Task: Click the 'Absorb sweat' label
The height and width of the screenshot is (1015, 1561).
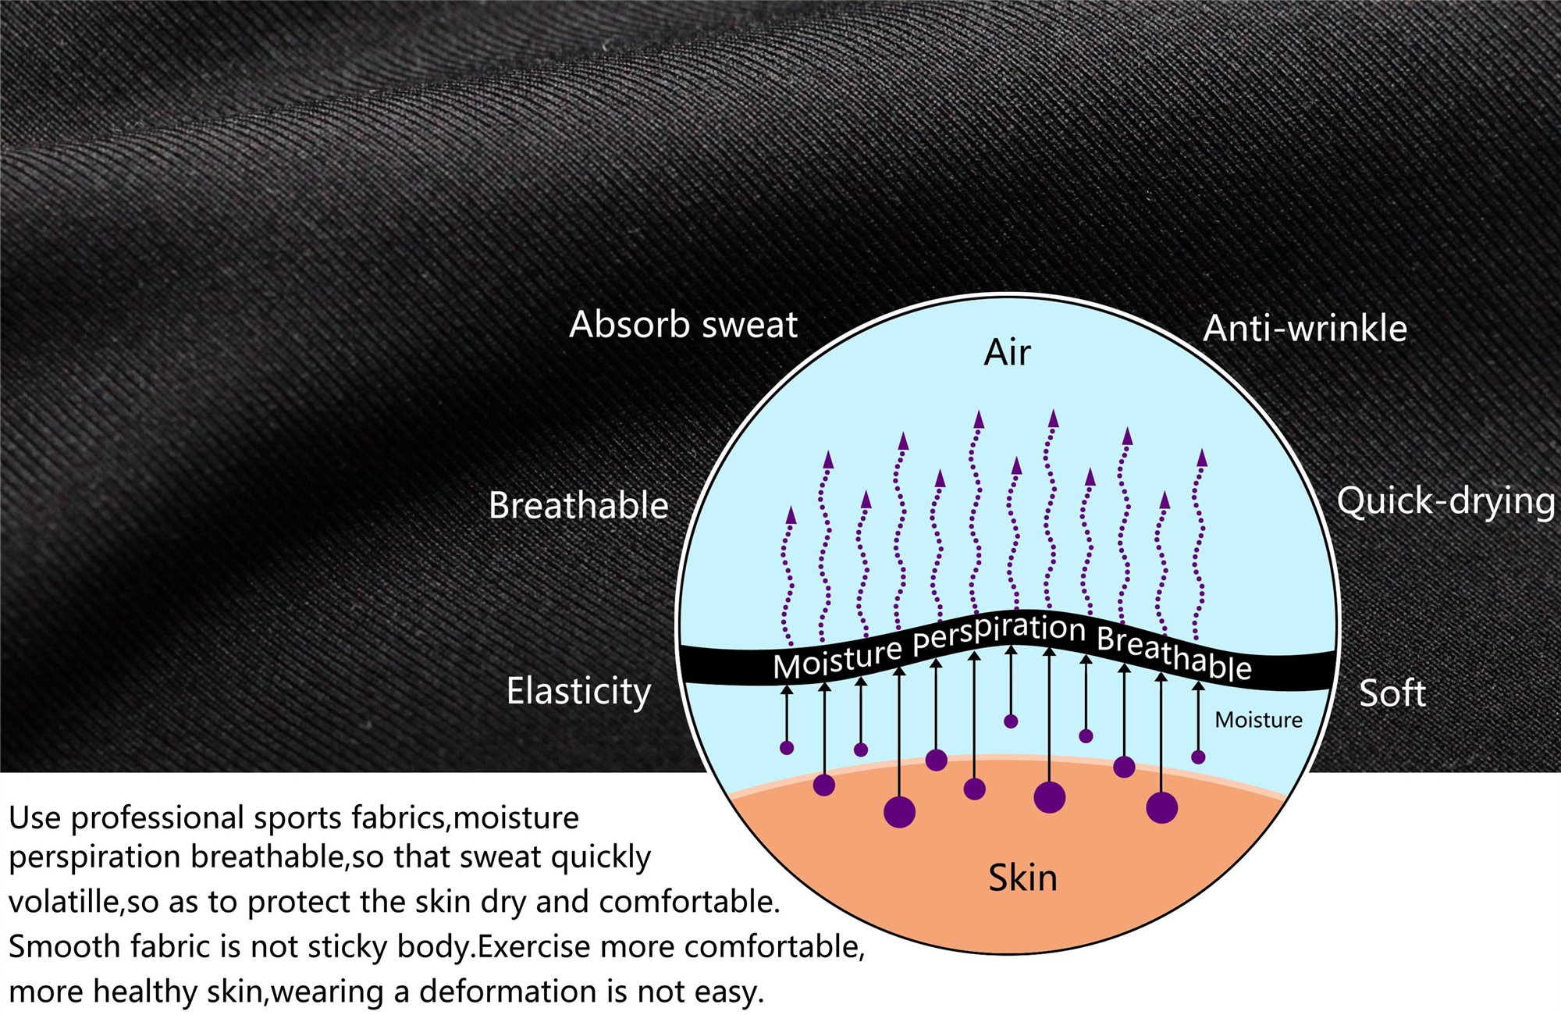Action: [x=683, y=325]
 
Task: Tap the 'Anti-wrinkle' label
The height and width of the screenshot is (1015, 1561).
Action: [x=1305, y=329]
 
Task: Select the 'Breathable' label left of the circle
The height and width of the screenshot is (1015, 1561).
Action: [x=578, y=505]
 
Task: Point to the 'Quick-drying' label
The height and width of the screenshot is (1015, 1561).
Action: [x=1445, y=501]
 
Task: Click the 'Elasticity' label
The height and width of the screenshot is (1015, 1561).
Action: [x=578, y=692]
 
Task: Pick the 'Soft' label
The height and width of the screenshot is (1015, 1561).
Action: [x=1392, y=693]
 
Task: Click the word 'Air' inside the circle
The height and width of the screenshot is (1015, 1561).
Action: [x=1007, y=353]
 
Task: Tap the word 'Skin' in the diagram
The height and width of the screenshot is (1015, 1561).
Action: [x=1022, y=878]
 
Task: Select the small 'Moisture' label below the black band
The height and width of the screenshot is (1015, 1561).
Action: [x=1258, y=720]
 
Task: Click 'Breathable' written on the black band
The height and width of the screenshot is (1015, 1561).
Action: [x=1174, y=653]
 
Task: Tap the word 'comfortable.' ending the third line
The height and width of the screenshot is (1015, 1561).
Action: [x=689, y=902]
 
